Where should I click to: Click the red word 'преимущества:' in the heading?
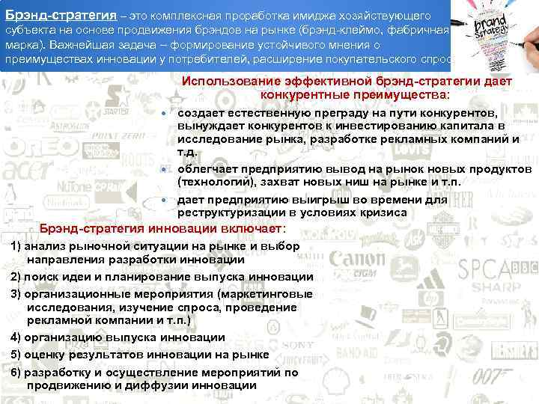pos(409,96)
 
